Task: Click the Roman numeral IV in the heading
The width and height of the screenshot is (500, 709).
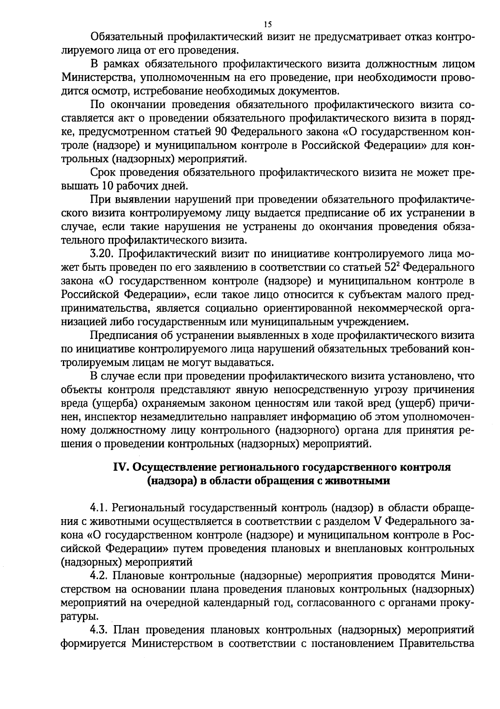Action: point(121,467)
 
